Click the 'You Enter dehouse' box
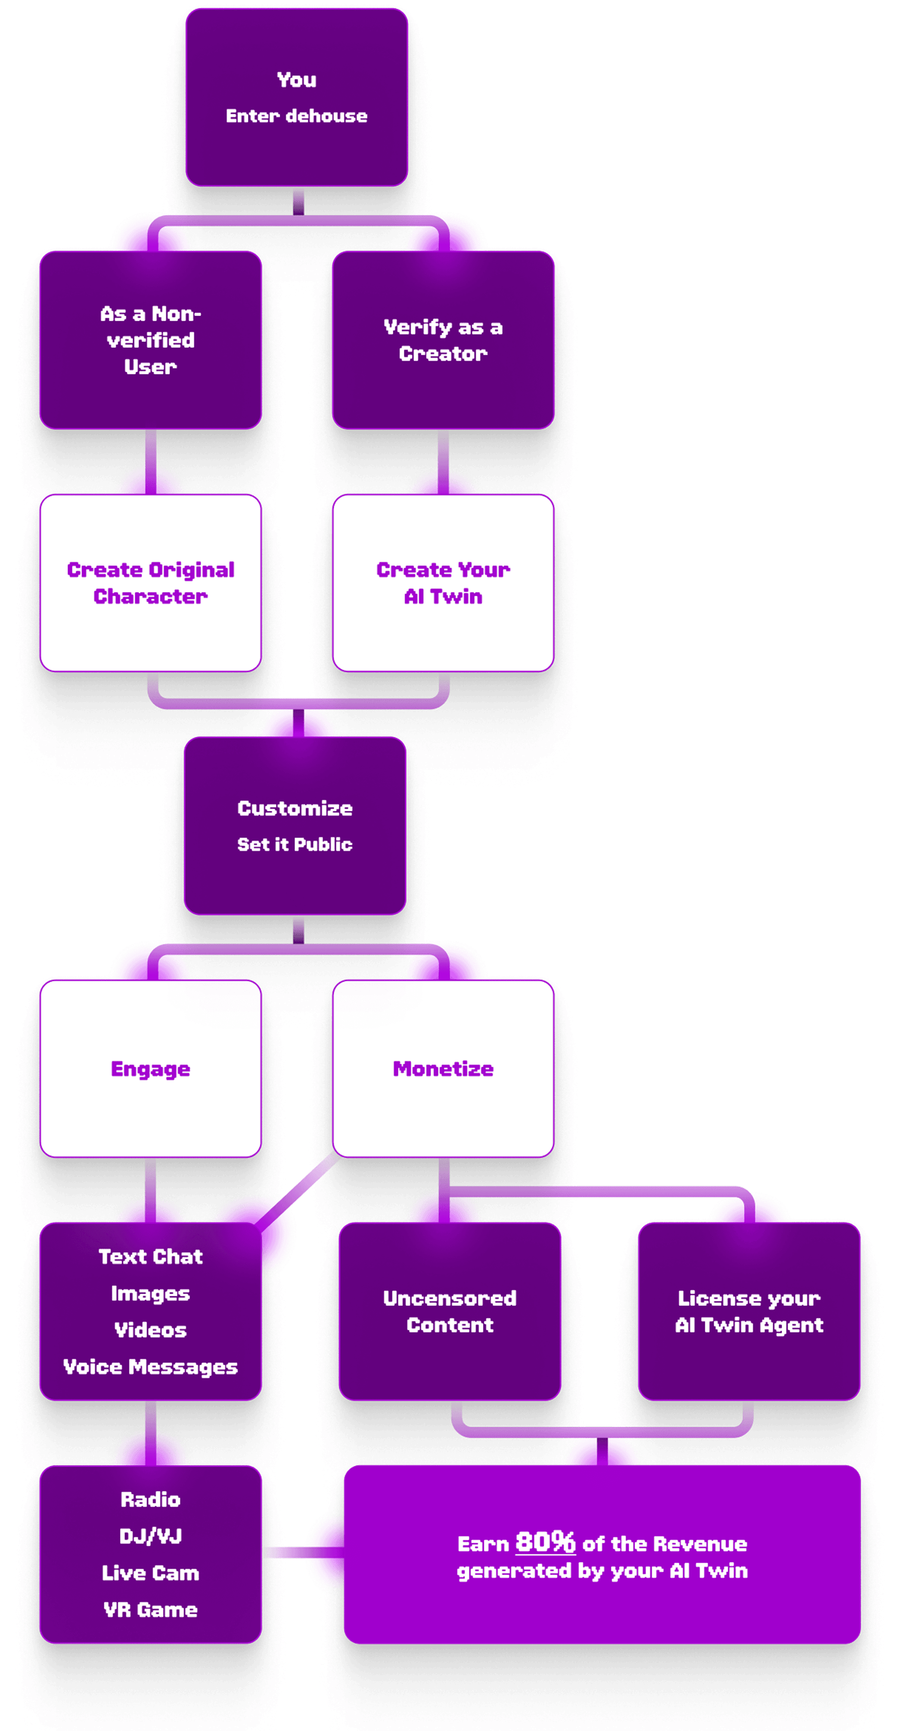296,98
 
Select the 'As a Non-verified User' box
150,340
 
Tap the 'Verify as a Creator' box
443,340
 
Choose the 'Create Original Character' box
150,583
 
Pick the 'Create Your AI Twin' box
443,583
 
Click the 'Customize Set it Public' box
295,826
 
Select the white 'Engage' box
150,1068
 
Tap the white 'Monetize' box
443,1068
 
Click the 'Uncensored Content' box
449,1311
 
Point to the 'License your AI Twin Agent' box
749,1311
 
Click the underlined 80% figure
545,1542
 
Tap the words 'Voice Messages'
150,1366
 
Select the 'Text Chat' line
150,1256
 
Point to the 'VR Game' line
150,1609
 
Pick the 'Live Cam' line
150,1573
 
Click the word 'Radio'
150,1499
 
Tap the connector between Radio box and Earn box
302,1552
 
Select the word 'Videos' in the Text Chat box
150,1330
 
